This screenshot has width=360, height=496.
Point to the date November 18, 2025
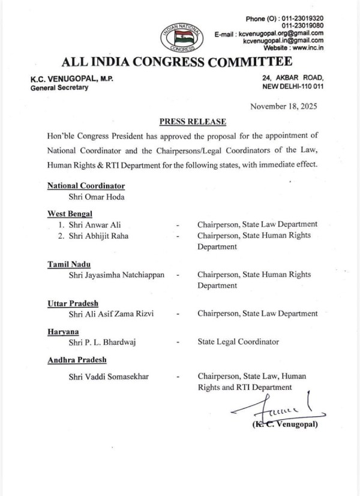point(284,106)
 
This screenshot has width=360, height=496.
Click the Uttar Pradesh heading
point(73,303)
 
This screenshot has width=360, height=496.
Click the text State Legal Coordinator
point(238,342)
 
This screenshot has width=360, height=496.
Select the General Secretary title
point(59,88)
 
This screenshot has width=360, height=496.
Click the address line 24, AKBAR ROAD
point(293,77)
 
